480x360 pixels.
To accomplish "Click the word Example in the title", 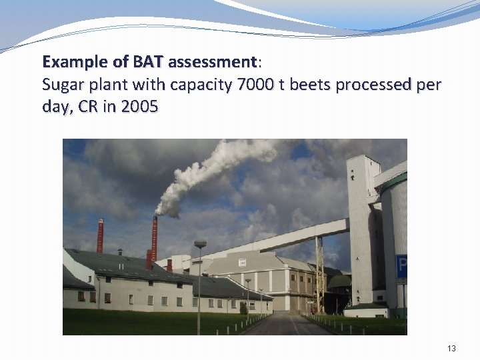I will tap(74, 63).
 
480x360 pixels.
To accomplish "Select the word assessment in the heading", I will tap(213, 63).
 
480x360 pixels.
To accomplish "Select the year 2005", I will tap(140, 107).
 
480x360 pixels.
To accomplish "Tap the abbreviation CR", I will tap(89, 107).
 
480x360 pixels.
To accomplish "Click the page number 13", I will tap(452, 349).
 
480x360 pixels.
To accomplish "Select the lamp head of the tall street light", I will tap(200, 245).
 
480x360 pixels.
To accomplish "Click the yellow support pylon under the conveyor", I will tap(319, 273).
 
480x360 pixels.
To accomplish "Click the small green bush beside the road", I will tap(243, 309).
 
